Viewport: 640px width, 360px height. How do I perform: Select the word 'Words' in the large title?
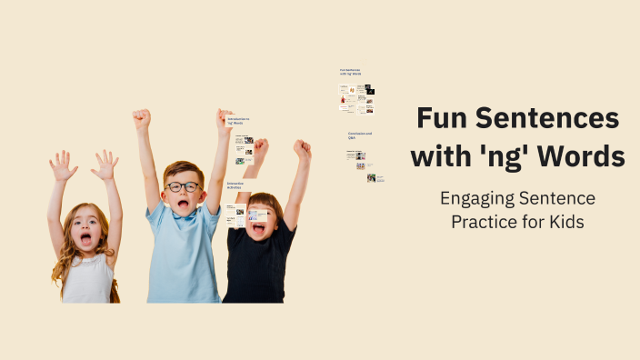click(586, 156)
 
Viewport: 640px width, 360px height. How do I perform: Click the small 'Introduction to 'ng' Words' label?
click(238, 120)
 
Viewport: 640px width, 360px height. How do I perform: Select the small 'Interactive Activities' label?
click(236, 185)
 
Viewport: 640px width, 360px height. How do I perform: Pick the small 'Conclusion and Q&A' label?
click(359, 135)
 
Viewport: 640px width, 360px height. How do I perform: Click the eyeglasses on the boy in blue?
click(183, 186)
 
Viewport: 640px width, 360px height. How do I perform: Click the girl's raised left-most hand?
click(63, 166)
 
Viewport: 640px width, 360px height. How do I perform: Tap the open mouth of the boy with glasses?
click(185, 205)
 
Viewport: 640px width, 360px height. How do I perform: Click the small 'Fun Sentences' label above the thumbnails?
click(350, 71)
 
